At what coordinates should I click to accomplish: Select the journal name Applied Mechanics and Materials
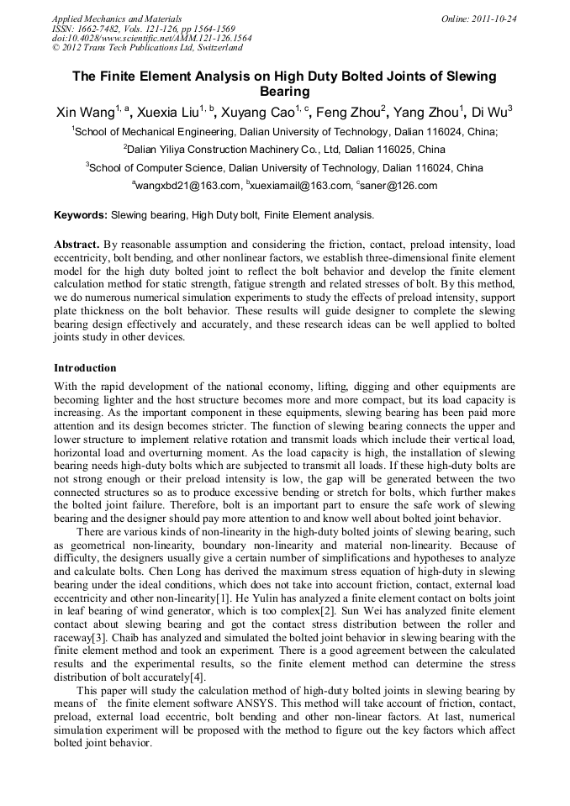pos(117,18)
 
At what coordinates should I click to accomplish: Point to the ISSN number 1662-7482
pos(106,29)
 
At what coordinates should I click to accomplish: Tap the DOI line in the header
pos(151,39)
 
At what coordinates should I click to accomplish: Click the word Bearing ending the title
pos(284,92)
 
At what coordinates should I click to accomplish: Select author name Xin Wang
pos(84,113)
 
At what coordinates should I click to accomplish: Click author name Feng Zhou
pos(352,113)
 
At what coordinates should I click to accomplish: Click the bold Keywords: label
pos(81,215)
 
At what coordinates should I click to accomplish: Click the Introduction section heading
pos(85,368)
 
